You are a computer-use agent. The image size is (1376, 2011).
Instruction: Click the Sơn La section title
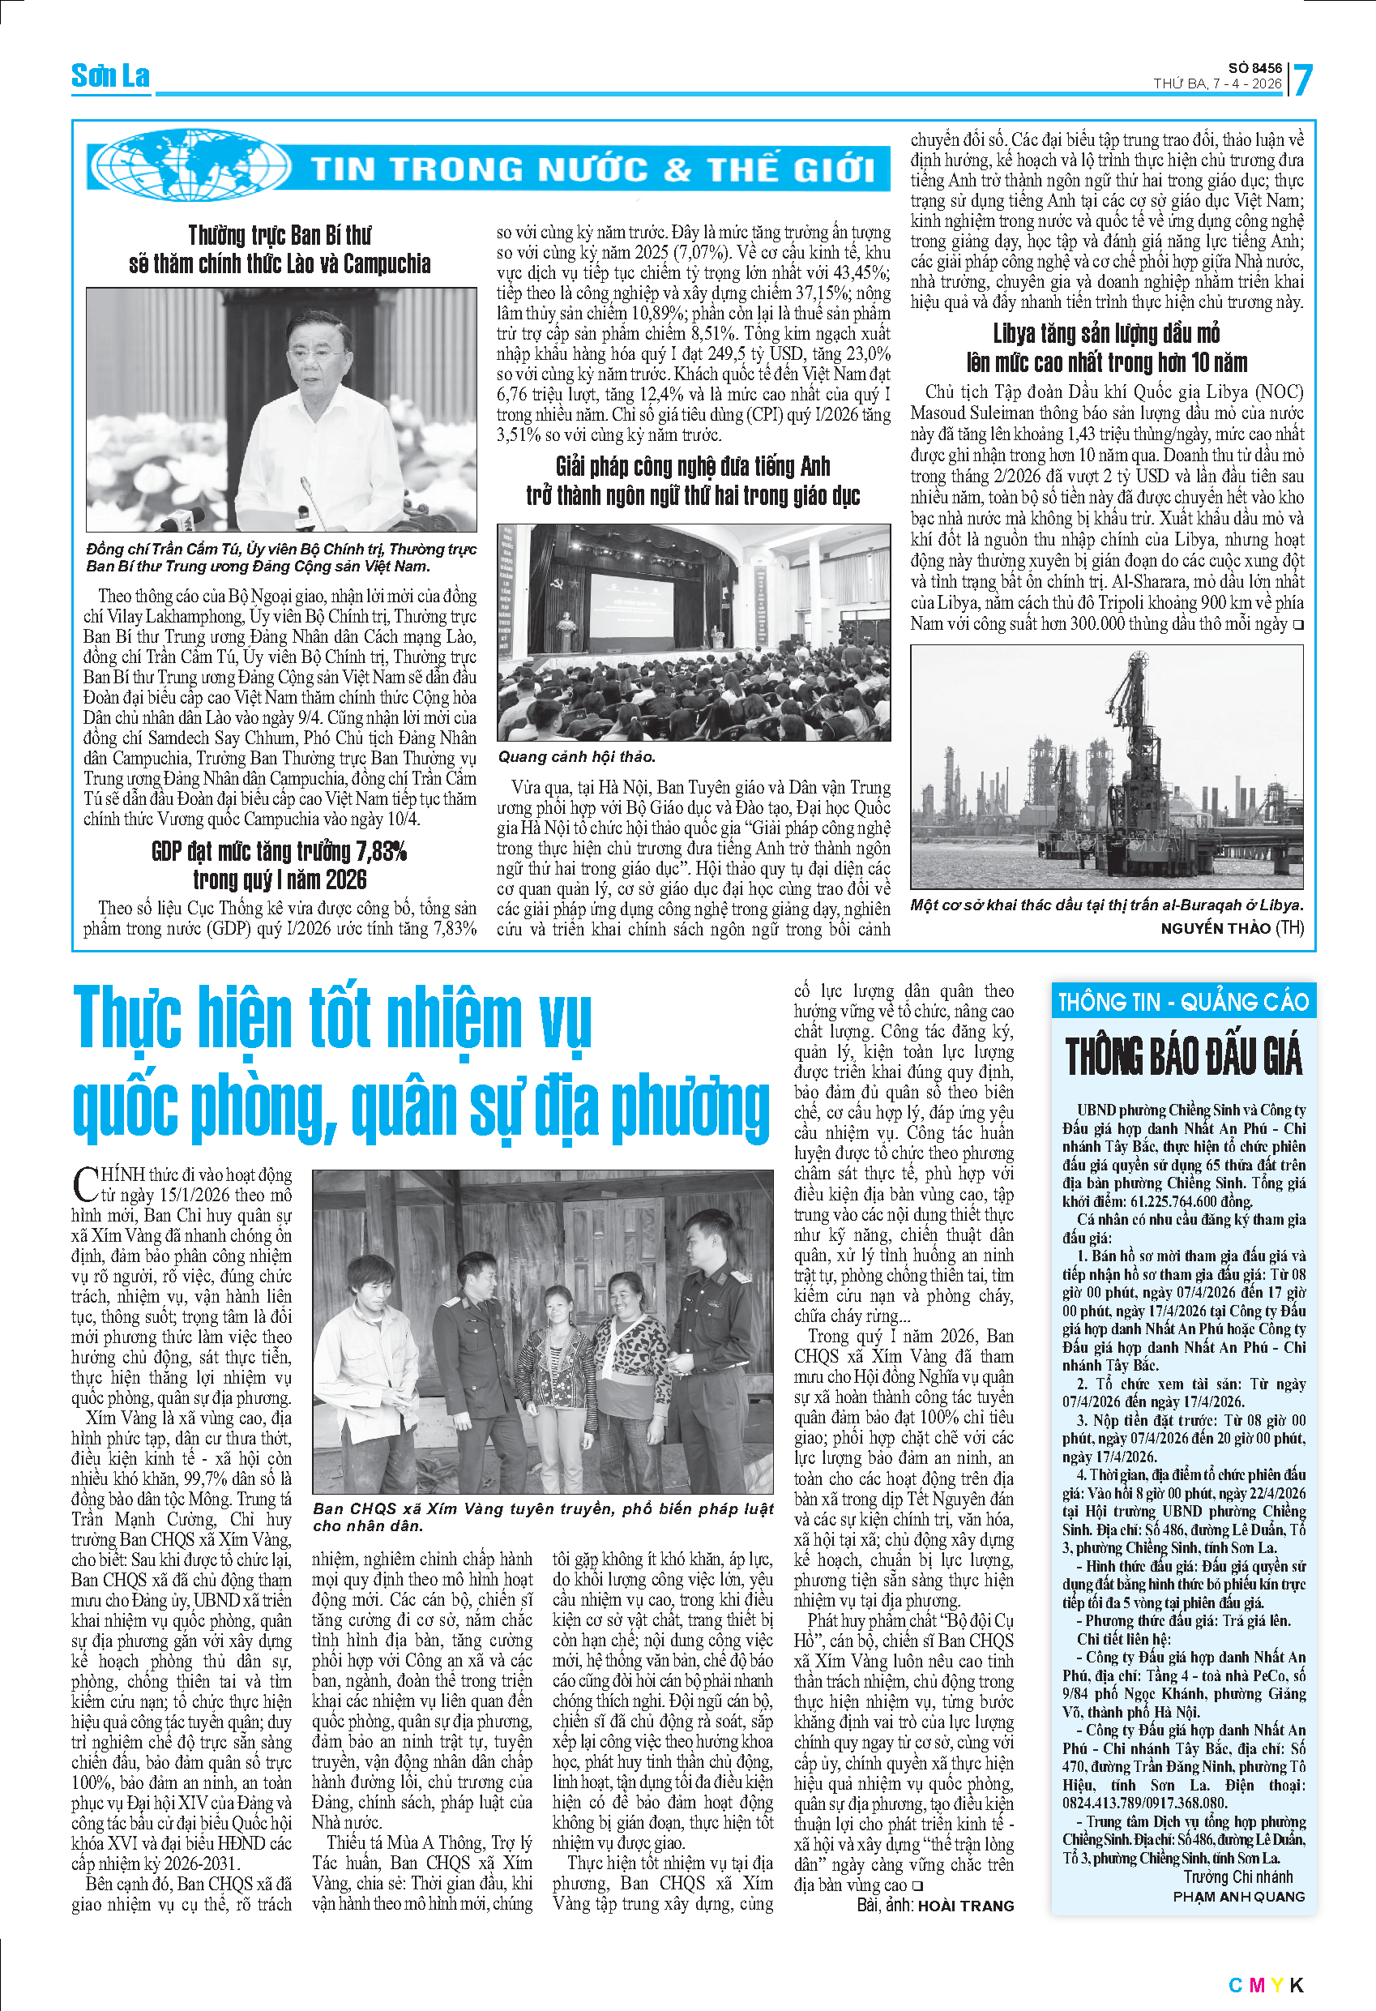point(110,76)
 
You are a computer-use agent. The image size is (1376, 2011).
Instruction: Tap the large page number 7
point(1301,80)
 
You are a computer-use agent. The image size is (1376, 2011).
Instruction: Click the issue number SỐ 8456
point(1254,67)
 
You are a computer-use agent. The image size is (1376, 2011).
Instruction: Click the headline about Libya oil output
point(1106,348)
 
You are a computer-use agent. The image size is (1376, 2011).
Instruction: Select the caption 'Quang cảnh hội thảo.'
point(577,756)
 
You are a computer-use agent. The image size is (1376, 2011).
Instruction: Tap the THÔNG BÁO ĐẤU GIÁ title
point(1183,1059)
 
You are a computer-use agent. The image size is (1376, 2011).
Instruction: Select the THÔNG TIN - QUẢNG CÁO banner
point(1183,1002)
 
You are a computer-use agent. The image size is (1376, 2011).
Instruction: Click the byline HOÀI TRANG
point(965,1906)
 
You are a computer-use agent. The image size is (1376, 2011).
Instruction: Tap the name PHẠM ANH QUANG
point(1238,1896)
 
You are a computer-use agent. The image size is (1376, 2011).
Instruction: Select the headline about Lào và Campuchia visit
point(280,249)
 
